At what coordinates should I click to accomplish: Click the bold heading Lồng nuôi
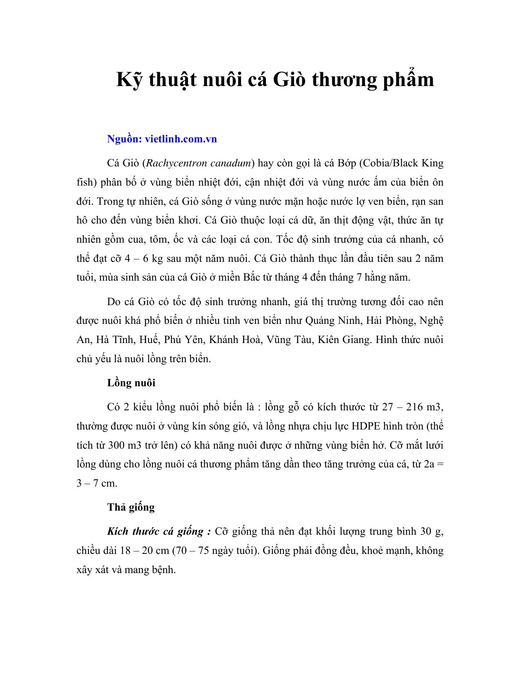(x=131, y=383)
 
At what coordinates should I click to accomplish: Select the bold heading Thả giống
(x=131, y=507)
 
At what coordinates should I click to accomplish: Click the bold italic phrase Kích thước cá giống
(x=159, y=532)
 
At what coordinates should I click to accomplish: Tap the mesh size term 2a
(x=429, y=464)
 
